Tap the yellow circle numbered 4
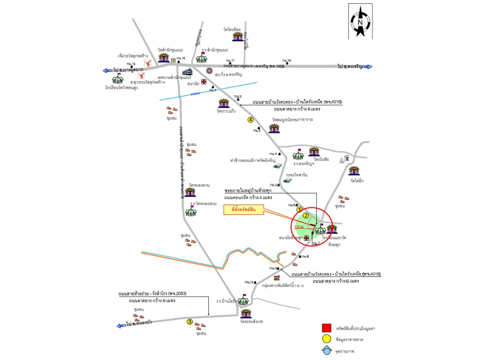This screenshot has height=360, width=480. point(250,119)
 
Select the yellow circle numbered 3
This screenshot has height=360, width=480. point(189,321)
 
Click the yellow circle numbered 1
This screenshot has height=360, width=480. point(299,209)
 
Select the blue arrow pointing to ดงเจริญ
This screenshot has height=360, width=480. point(367,66)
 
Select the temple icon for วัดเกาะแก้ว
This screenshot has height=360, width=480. point(224,103)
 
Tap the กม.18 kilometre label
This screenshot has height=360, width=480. point(286,60)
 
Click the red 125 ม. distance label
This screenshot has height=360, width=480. point(298,227)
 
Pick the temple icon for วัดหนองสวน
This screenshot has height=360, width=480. point(189,192)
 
